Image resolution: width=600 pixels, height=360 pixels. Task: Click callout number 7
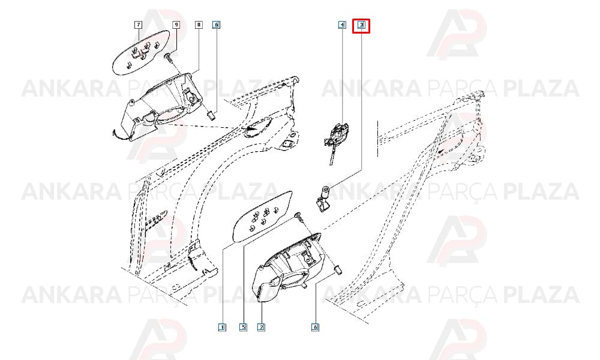point(139,25)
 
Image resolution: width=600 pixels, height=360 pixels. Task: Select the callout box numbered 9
point(176,25)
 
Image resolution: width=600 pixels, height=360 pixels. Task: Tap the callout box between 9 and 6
point(199,25)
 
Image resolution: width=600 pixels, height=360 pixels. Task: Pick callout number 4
point(342,25)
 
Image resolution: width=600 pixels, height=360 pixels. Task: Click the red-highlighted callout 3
point(361,25)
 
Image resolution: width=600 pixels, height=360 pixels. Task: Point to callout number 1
point(222,327)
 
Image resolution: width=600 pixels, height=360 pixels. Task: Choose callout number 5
point(244,327)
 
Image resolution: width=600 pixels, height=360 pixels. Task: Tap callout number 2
point(261,327)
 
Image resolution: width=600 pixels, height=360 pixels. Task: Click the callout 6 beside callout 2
point(316,327)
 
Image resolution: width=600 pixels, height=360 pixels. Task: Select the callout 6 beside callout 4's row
point(216,25)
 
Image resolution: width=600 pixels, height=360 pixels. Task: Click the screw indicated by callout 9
point(169,59)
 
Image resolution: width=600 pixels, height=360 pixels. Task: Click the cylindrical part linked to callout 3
point(323,197)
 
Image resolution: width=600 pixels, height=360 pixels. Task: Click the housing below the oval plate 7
point(159,107)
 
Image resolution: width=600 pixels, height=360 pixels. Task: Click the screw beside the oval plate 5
point(299,217)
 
